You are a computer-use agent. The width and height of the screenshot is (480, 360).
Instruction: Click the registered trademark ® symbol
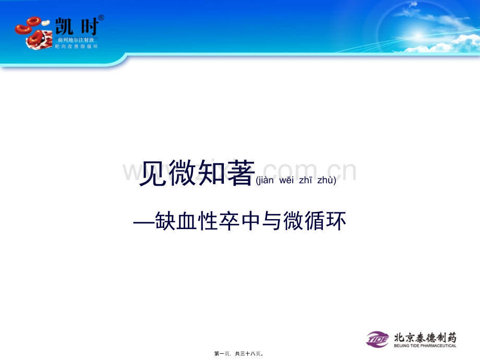coord(101,18)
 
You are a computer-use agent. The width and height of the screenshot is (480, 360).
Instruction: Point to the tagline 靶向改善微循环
coord(76,46)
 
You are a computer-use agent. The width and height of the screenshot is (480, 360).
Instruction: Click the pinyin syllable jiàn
coord(267,181)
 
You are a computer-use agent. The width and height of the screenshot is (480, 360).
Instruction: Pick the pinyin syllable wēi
coord(288,181)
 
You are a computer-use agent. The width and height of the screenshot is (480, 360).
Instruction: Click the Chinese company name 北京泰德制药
coord(425,337)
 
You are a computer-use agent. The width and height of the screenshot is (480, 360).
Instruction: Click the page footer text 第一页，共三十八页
coord(239,354)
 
